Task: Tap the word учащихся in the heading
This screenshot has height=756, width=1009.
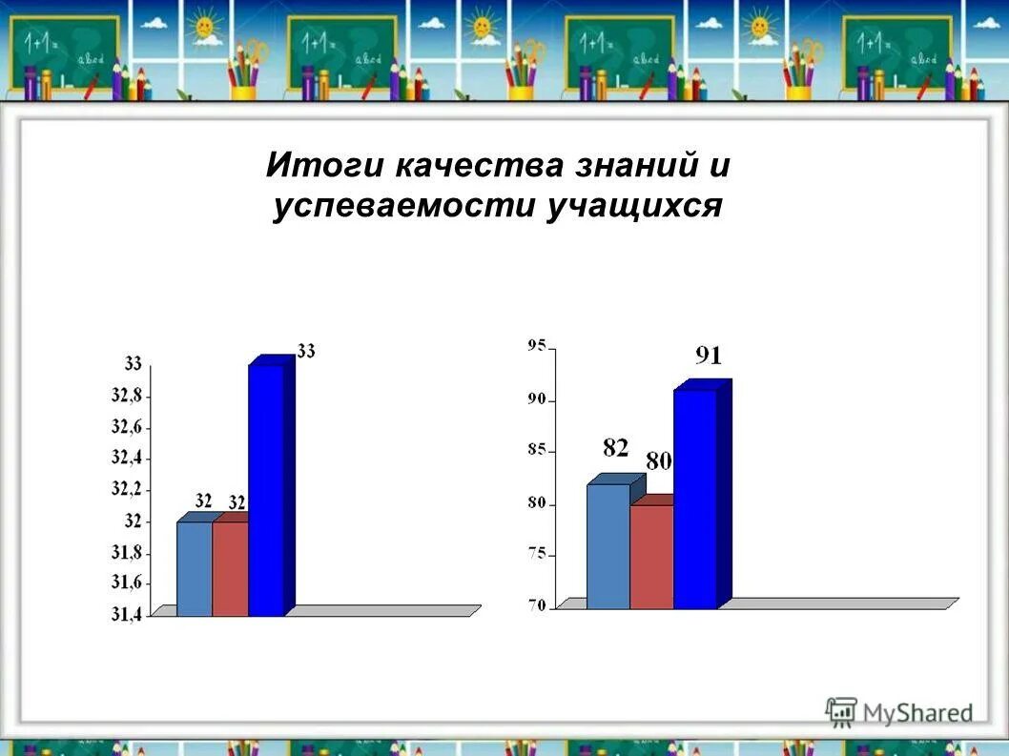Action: coord(632,206)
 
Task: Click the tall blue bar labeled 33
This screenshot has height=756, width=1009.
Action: coord(266,491)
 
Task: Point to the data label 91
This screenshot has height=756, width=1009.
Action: coord(709,357)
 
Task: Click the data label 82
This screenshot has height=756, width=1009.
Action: coord(615,447)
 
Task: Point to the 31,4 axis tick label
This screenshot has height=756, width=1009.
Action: coord(127,615)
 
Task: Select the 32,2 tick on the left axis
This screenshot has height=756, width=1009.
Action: coord(127,489)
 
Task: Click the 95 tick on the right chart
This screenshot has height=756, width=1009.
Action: coord(536,346)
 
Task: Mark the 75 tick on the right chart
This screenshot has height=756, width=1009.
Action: coord(536,555)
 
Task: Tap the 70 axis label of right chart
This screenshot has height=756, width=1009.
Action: coord(536,606)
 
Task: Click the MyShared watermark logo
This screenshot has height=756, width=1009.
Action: coord(898,711)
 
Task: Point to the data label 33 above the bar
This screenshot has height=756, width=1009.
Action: coord(306,351)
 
